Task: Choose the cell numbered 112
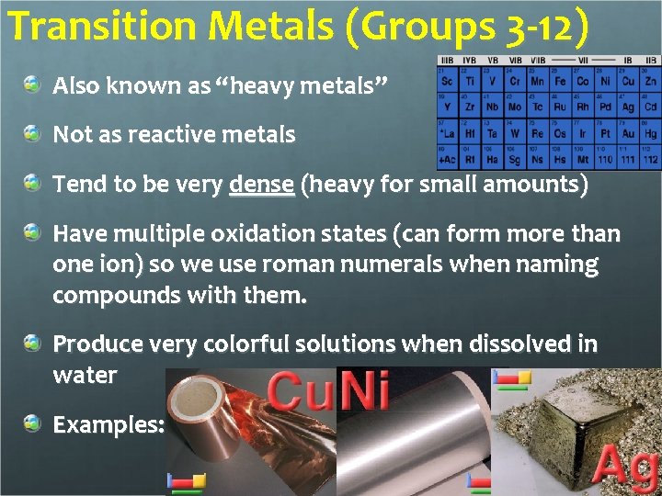point(650,158)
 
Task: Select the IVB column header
point(470,62)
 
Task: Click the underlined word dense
point(262,185)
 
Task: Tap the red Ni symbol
point(363,390)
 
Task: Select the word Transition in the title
point(86,28)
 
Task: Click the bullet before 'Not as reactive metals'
point(33,134)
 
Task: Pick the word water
point(85,375)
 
